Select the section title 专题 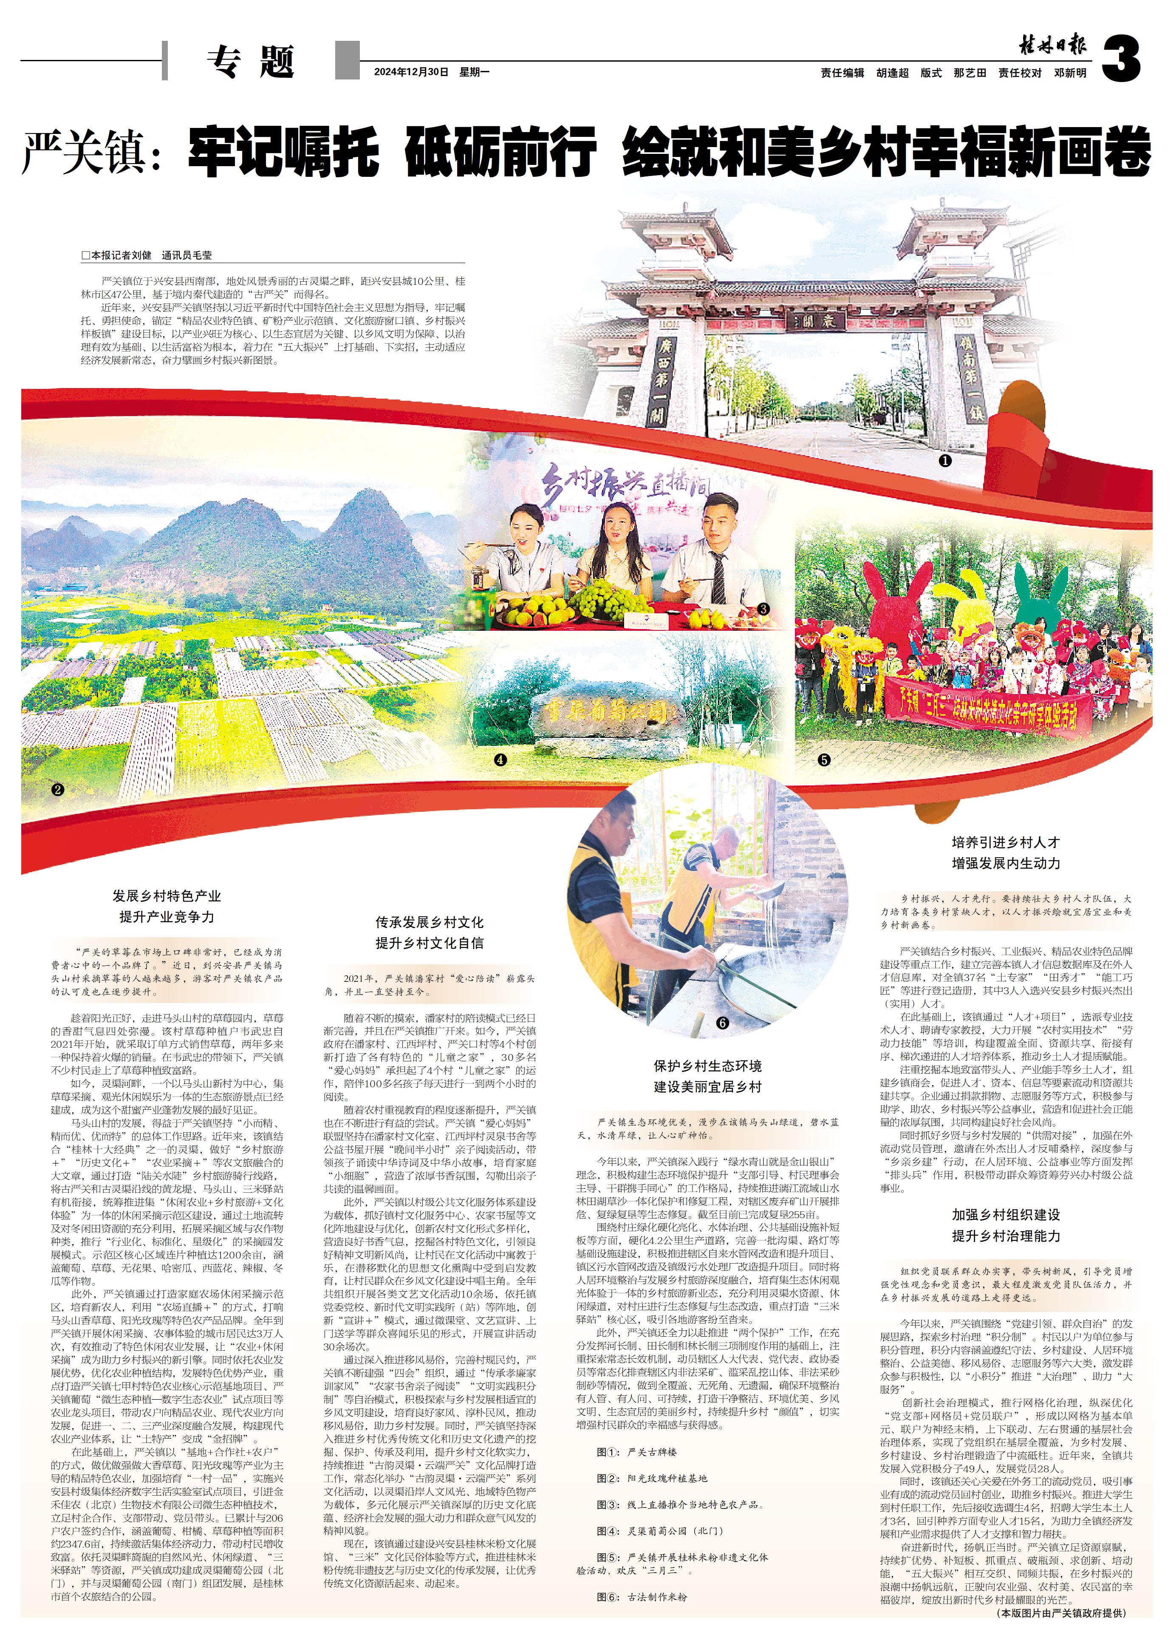click(251, 62)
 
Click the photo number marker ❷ click(58, 789)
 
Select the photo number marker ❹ click(500, 760)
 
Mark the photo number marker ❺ click(824, 760)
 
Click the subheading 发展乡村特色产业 click(167, 896)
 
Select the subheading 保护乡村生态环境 click(708, 1066)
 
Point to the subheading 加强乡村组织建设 click(1006, 1215)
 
